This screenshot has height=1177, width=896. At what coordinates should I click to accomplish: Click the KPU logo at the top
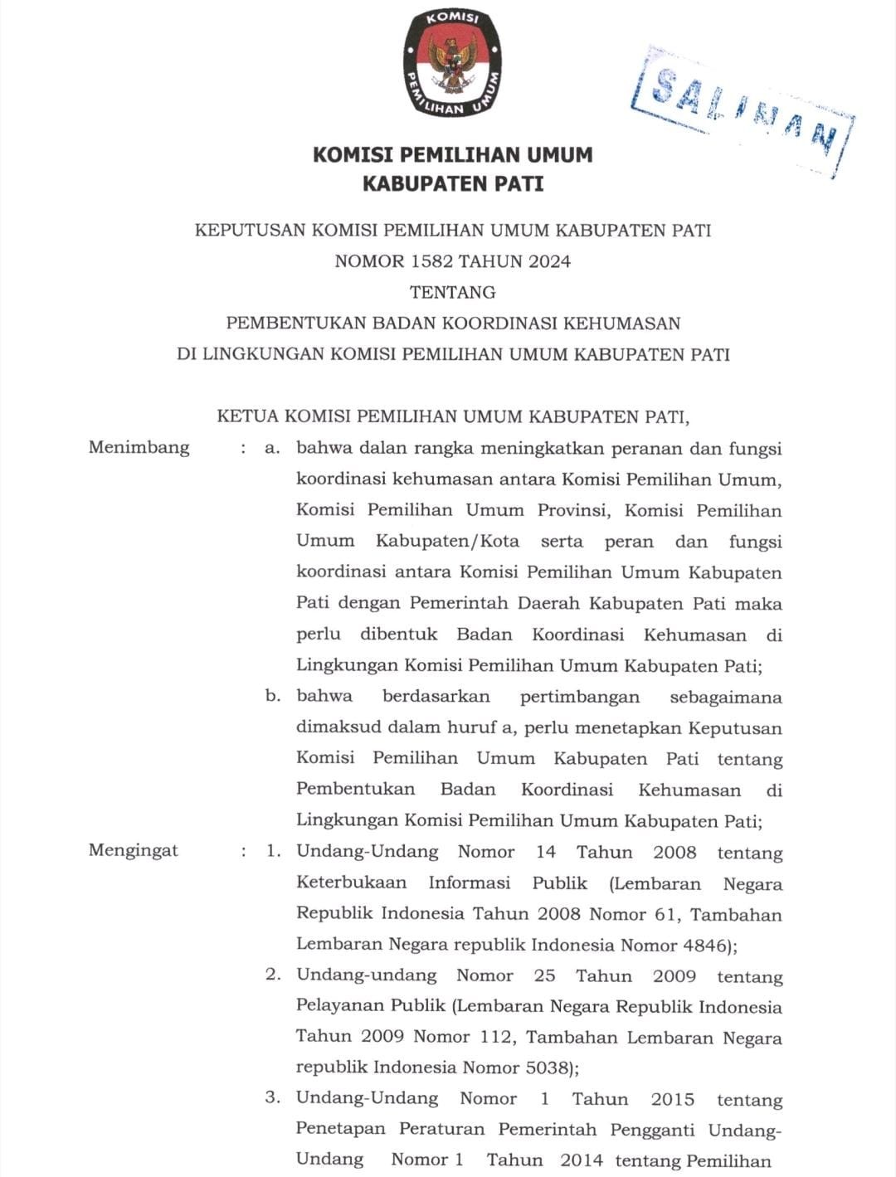(x=452, y=63)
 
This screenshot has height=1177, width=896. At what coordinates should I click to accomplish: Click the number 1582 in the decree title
(x=429, y=261)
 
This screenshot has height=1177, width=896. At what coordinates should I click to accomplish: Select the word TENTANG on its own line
(x=452, y=292)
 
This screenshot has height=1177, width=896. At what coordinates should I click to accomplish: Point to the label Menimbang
(x=139, y=448)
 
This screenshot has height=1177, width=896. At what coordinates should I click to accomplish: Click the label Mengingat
(x=133, y=851)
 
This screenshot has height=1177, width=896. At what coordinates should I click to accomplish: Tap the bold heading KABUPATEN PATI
(x=452, y=184)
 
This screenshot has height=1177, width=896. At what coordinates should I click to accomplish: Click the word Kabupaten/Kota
(x=447, y=542)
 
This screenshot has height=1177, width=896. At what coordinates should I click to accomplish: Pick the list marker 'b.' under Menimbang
(x=273, y=697)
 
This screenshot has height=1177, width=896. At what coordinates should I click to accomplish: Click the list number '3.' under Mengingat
(x=273, y=1098)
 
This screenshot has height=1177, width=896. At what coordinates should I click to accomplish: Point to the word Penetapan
(x=340, y=1130)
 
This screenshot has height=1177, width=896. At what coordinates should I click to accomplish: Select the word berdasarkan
(x=436, y=697)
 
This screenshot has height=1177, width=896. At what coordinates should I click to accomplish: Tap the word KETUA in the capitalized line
(x=246, y=416)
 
